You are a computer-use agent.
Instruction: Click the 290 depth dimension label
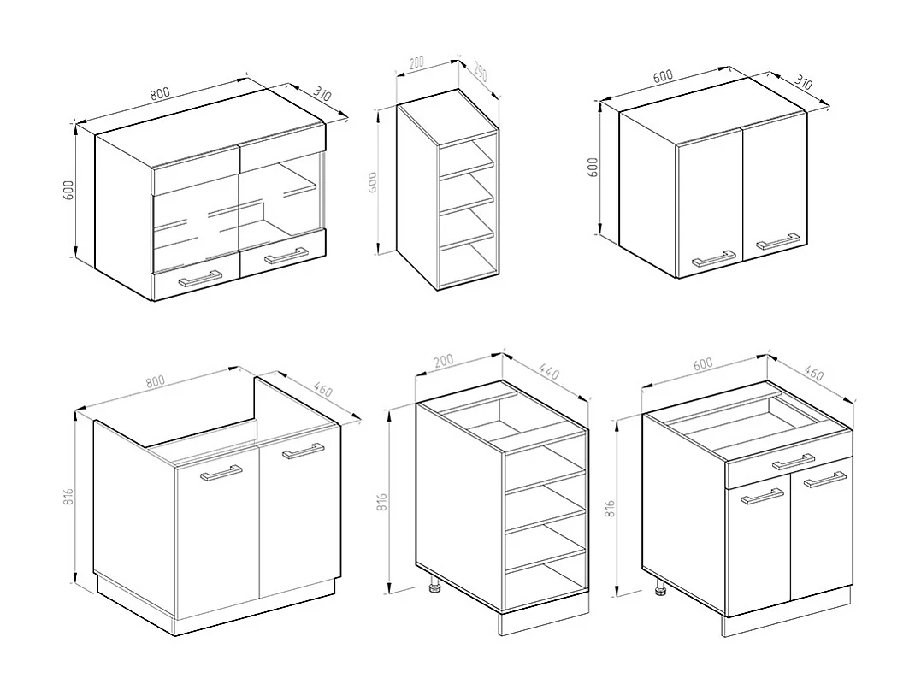[480, 72]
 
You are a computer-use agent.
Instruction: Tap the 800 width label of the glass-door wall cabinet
[160, 94]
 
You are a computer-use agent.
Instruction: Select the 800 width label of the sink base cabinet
[156, 381]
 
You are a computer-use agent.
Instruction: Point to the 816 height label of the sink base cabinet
[68, 497]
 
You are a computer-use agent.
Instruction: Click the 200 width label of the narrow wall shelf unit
[416, 62]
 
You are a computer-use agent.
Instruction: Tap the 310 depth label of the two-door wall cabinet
[803, 82]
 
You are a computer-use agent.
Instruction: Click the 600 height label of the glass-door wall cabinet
[68, 191]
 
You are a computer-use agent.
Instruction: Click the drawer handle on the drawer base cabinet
[793, 462]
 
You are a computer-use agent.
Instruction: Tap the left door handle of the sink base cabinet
[221, 474]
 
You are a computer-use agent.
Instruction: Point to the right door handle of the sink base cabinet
[303, 451]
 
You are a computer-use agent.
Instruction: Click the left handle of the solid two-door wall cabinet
[714, 259]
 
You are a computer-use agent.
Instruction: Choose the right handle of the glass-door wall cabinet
[286, 256]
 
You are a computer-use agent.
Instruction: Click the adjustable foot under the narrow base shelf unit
[435, 585]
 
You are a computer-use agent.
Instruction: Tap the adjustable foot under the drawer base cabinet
[660, 588]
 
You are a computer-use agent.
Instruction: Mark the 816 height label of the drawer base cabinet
[610, 509]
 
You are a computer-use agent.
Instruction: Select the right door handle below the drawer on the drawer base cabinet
[824, 480]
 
